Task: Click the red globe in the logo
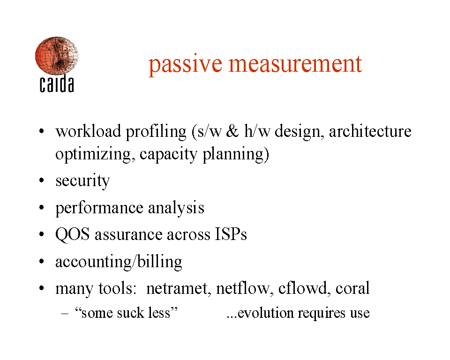pyautogui.click(x=57, y=56)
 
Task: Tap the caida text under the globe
pyautogui.click(x=57, y=84)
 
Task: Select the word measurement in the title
pyautogui.click(x=295, y=64)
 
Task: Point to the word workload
pyautogui.click(x=88, y=131)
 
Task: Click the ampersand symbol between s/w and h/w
pyautogui.click(x=232, y=131)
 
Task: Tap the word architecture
pyautogui.click(x=370, y=131)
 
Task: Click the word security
pyautogui.click(x=82, y=181)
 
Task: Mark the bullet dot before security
pyautogui.click(x=42, y=180)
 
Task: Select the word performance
pyautogui.click(x=99, y=208)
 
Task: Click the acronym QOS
pyautogui.click(x=72, y=234)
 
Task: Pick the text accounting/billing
pyautogui.click(x=119, y=262)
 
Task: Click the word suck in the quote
pyautogui.click(x=130, y=313)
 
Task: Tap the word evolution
pyautogui.click(x=266, y=313)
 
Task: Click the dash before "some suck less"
pyautogui.click(x=65, y=313)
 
